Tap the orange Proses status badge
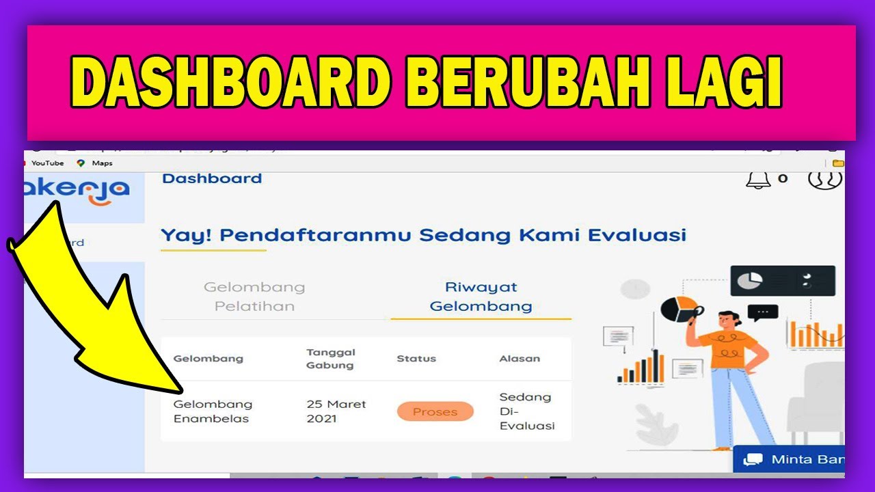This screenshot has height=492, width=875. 435,411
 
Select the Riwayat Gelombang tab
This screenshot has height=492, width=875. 481,297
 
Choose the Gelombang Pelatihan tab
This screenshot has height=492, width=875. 254,297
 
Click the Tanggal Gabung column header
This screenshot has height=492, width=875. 331,359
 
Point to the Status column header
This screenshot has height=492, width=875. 416,359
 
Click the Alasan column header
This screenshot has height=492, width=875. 520,359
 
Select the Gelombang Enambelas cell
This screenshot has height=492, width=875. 213,411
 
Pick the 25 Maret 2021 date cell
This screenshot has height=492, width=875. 336,411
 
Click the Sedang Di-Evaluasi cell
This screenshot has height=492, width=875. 526,411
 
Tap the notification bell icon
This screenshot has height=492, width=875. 757,179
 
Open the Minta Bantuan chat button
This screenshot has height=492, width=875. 793,459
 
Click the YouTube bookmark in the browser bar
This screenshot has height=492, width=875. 46,163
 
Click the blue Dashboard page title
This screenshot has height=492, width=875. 212,178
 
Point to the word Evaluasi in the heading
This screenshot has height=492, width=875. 636,235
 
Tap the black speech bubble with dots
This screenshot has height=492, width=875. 763,312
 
